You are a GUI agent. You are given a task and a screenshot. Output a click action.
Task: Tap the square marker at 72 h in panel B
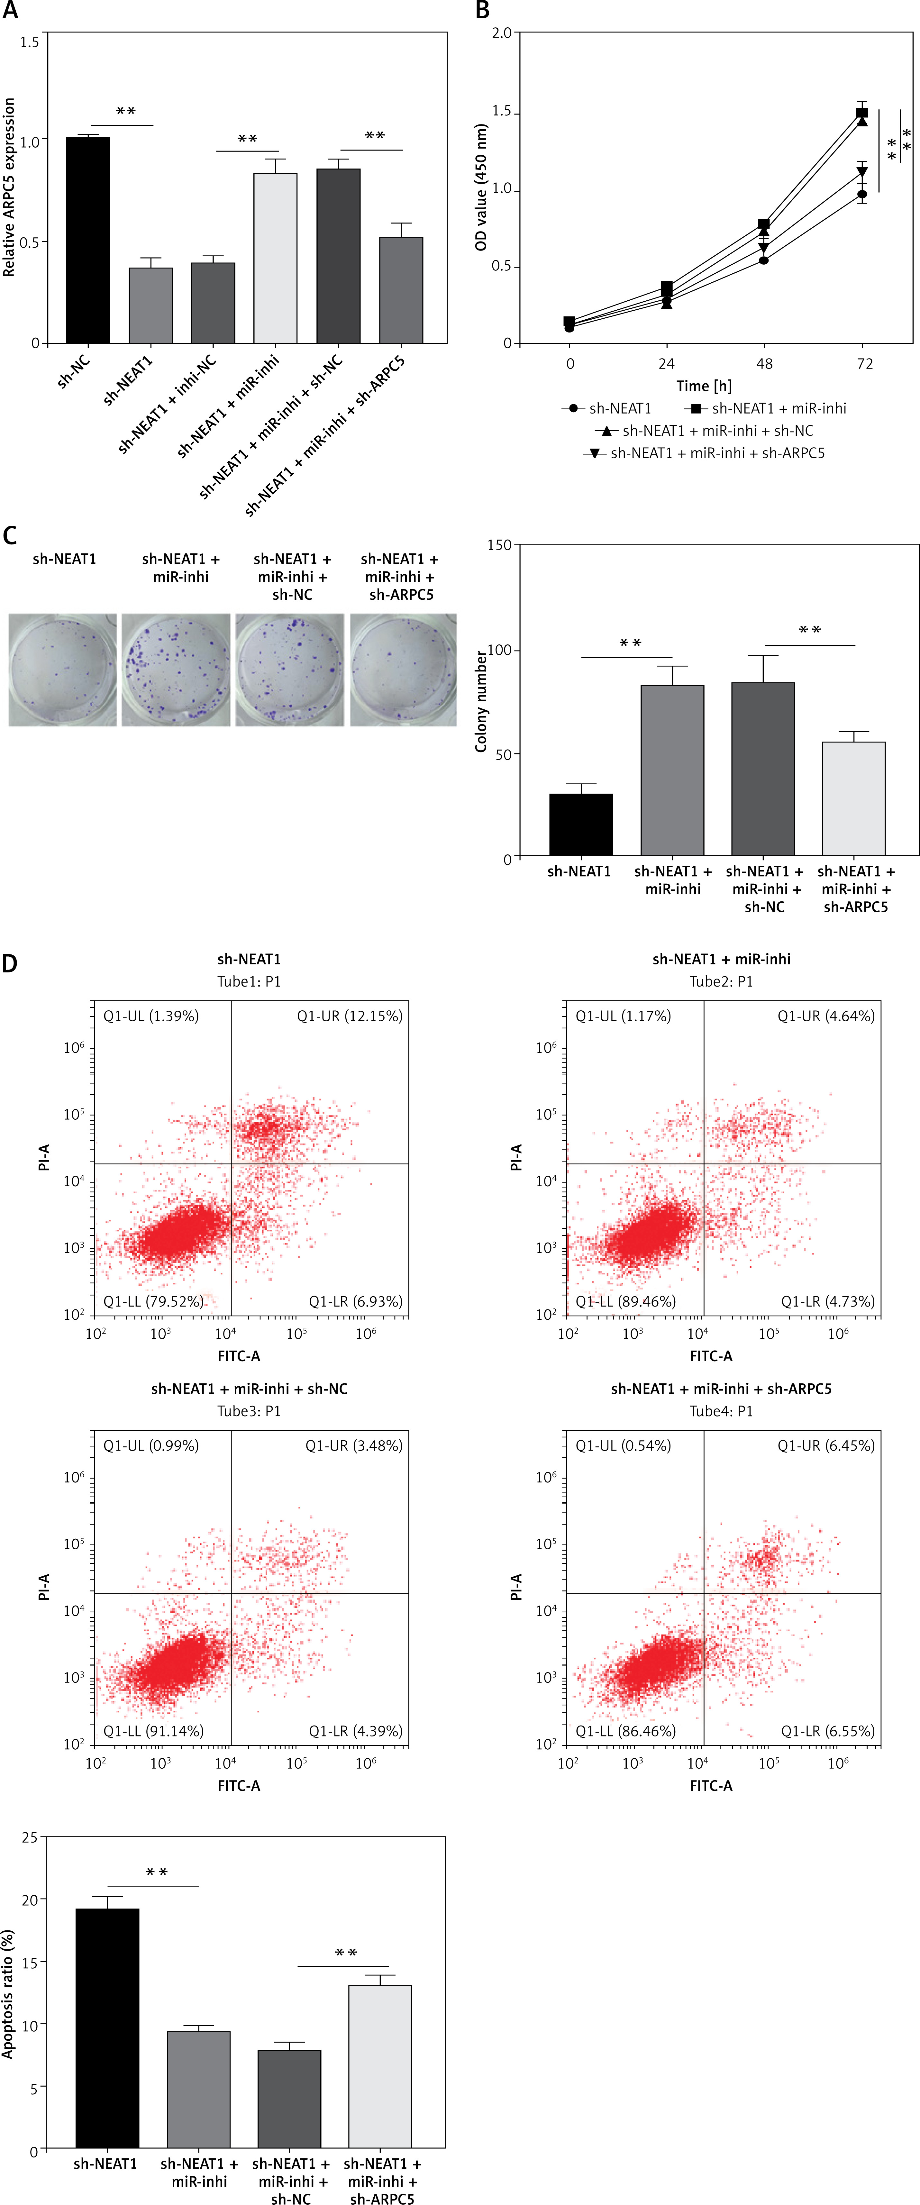(x=862, y=113)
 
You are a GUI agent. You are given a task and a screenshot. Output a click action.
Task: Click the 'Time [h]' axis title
(x=704, y=386)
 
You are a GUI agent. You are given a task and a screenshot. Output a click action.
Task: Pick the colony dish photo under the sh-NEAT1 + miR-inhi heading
(x=176, y=670)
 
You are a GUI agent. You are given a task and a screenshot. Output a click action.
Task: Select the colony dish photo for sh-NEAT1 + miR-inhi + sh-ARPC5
(x=402, y=670)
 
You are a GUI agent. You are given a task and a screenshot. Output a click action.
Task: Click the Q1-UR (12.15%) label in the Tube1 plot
(x=349, y=1016)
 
